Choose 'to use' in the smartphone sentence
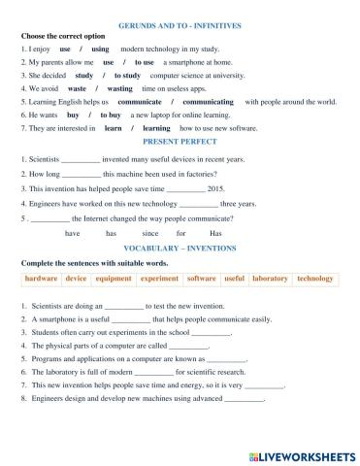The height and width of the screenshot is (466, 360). tap(145, 61)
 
